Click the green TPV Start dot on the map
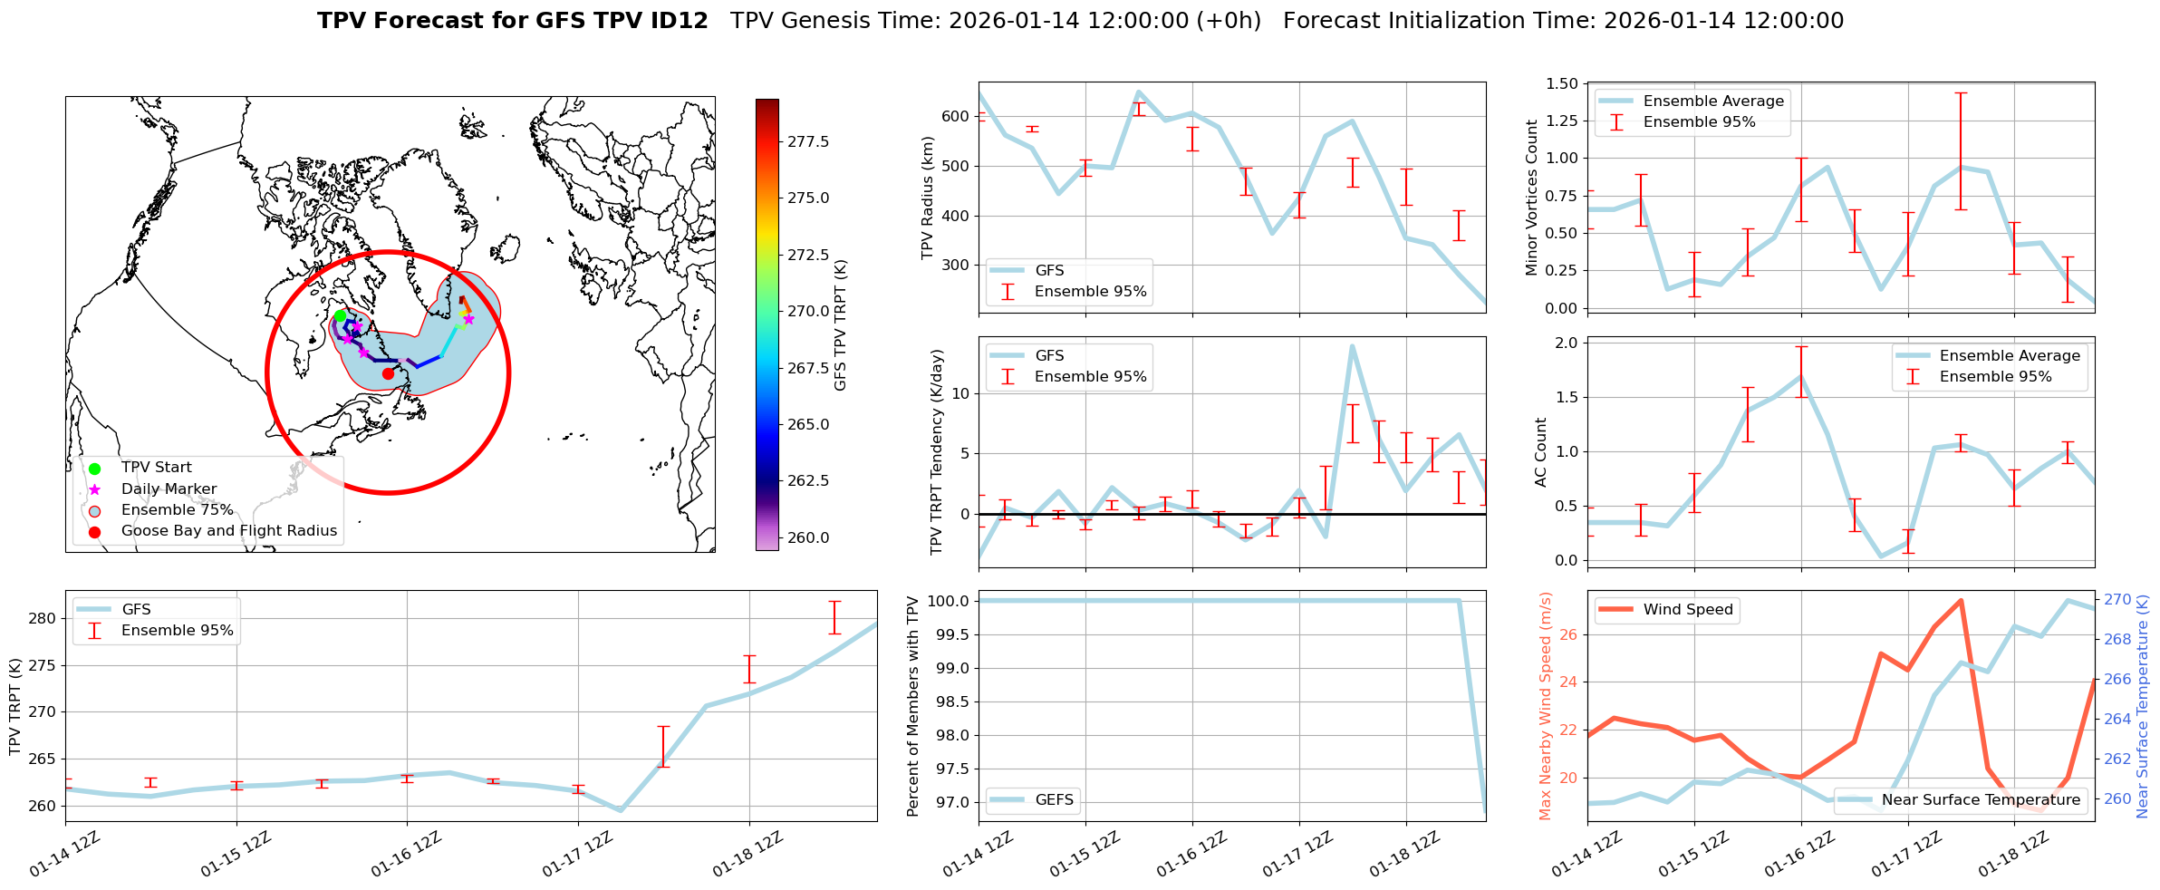[x=340, y=315]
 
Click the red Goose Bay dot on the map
[x=388, y=373]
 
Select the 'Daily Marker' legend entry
[x=169, y=489]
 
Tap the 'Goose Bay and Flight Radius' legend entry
[x=228, y=531]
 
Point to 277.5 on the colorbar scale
[x=807, y=141]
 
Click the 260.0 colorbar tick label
[x=807, y=537]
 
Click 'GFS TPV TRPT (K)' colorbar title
[x=841, y=324]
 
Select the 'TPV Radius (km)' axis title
[x=927, y=198]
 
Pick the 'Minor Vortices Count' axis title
[x=1531, y=197]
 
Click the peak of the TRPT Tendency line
[x=1352, y=345]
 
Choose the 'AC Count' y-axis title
[x=1540, y=451]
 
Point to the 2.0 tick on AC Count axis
[x=1566, y=343]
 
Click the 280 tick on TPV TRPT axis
[x=43, y=619]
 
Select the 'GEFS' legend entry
[x=1054, y=800]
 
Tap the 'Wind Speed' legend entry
[x=1687, y=610]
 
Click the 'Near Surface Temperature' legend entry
[x=1980, y=800]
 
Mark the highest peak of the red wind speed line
[x=1961, y=600]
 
